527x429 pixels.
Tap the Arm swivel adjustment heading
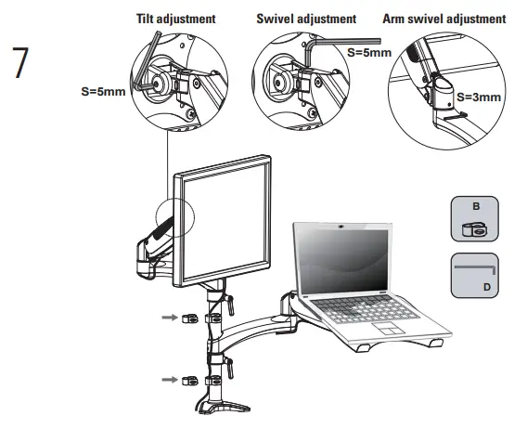pos(444,19)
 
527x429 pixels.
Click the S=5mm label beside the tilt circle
pos(103,91)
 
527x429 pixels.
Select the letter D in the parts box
pos(485,287)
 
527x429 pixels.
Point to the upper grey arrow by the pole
pos(168,316)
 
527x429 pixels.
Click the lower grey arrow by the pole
pos(168,379)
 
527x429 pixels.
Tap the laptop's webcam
pos(341,225)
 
